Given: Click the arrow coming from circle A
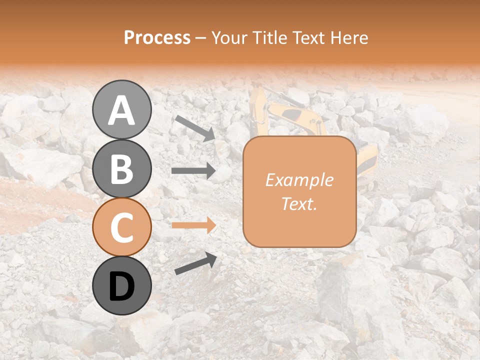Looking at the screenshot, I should (195, 128).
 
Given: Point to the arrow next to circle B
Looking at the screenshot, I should (193, 171).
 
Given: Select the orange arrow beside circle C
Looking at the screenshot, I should (193, 225).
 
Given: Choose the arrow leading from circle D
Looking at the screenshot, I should (195, 263).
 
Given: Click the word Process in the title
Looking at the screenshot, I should (157, 37).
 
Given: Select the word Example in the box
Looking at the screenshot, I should (299, 180).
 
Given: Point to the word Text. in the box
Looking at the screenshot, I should (299, 203).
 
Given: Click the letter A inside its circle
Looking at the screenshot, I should (121, 110).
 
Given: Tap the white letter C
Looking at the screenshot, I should (121, 228).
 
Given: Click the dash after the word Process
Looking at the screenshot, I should (201, 38).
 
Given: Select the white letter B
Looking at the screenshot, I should (121, 169).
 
